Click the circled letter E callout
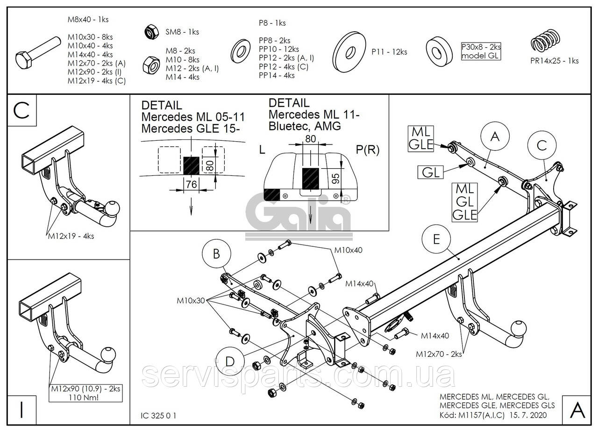pyautogui.click(x=436, y=239)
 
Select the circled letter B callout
pyautogui.click(x=216, y=254)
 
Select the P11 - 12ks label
pyautogui.click(x=389, y=52)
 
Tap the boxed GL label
pyautogui.click(x=431, y=172)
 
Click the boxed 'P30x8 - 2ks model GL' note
pyautogui.click(x=481, y=51)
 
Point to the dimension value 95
pyautogui.click(x=334, y=178)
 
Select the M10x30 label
pyautogui.click(x=191, y=300)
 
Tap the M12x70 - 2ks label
pyautogui.click(x=439, y=354)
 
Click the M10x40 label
pyautogui.click(x=348, y=250)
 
